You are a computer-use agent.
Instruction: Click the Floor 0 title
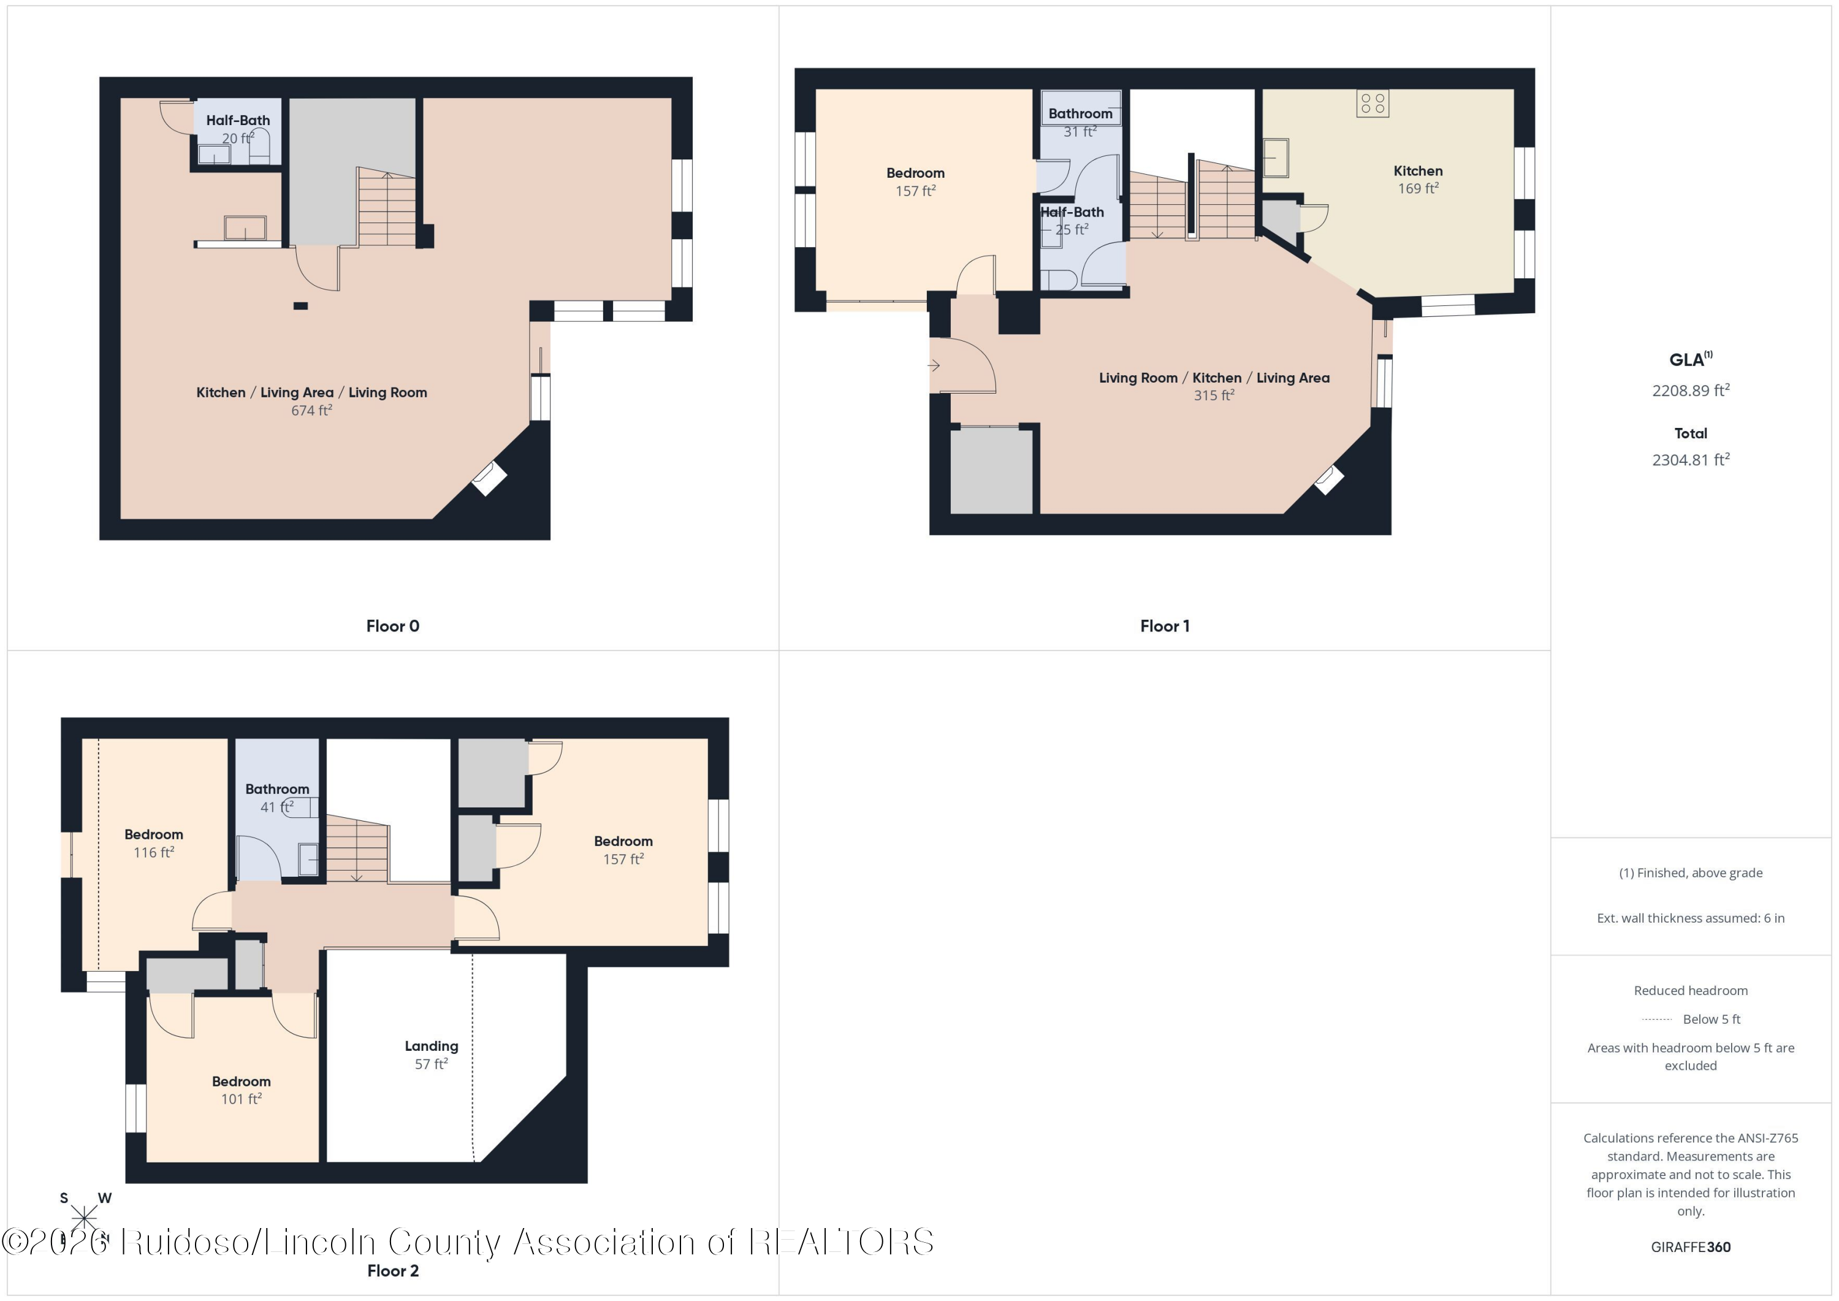[x=392, y=625]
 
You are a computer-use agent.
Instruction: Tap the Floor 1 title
[x=1165, y=625]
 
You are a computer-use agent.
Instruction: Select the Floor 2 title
[x=392, y=1270]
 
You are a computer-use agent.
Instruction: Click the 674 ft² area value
[x=311, y=410]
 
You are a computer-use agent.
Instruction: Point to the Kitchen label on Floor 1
[x=1418, y=170]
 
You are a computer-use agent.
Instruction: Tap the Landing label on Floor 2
[x=431, y=1045]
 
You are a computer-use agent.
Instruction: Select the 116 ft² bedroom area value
[x=154, y=852]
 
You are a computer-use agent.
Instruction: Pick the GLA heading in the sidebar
[x=1688, y=360]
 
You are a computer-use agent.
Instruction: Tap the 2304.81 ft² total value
[x=1690, y=459]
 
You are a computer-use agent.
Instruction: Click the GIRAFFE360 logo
[x=1690, y=1246]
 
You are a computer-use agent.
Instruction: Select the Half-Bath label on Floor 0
[x=238, y=120]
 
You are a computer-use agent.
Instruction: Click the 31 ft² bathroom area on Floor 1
[x=1079, y=131]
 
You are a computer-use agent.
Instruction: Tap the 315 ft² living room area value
[x=1214, y=395]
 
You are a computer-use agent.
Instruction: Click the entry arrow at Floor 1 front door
[x=934, y=365]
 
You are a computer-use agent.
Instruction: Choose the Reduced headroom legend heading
[x=1690, y=990]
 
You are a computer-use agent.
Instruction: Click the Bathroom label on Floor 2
[x=277, y=789]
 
